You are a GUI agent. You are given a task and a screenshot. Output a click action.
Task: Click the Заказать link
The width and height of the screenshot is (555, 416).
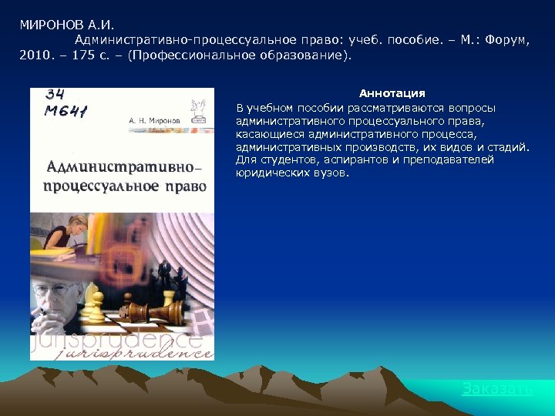tap(497, 389)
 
